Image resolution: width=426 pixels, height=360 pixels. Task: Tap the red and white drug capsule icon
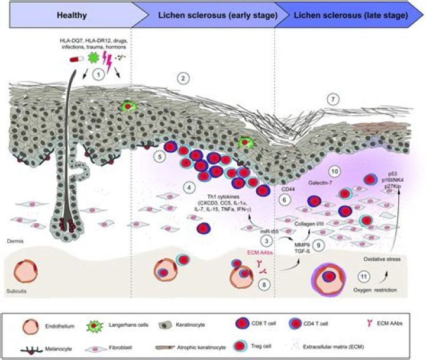pyautogui.click(x=77, y=59)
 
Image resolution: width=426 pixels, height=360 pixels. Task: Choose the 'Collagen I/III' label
pyautogui.click(x=311, y=223)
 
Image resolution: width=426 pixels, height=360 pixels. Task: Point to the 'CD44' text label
pyautogui.click(x=288, y=190)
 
